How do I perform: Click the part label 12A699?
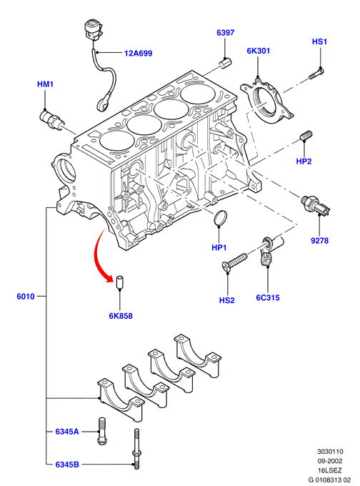(138, 54)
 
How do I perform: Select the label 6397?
(225, 33)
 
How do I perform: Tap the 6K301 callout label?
(259, 51)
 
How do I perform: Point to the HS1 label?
(319, 41)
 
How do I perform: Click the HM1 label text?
(45, 84)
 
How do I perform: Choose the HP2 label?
(304, 162)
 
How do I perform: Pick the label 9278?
(319, 241)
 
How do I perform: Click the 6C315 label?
(268, 297)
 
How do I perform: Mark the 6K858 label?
(121, 316)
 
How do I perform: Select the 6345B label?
(67, 465)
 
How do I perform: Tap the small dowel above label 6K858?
(119, 282)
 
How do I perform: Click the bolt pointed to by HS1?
(316, 74)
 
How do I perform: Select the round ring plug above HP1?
(220, 217)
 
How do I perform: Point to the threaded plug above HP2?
(306, 136)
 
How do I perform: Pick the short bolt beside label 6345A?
(102, 431)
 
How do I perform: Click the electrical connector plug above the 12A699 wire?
(92, 30)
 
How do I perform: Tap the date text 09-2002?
(330, 461)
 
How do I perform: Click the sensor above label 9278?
(316, 205)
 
